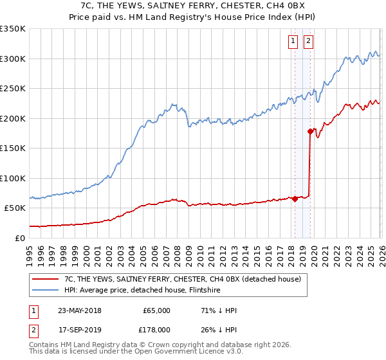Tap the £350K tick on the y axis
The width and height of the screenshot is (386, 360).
[x=13, y=29]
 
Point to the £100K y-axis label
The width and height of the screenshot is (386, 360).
[x=13, y=178]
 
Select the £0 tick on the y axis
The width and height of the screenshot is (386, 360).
[x=19, y=238]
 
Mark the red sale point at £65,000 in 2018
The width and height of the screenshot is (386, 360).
[x=295, y=199]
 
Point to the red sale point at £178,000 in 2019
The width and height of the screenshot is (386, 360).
[x=310, y=132]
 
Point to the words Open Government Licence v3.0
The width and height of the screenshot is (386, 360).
[x=199, y=352]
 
